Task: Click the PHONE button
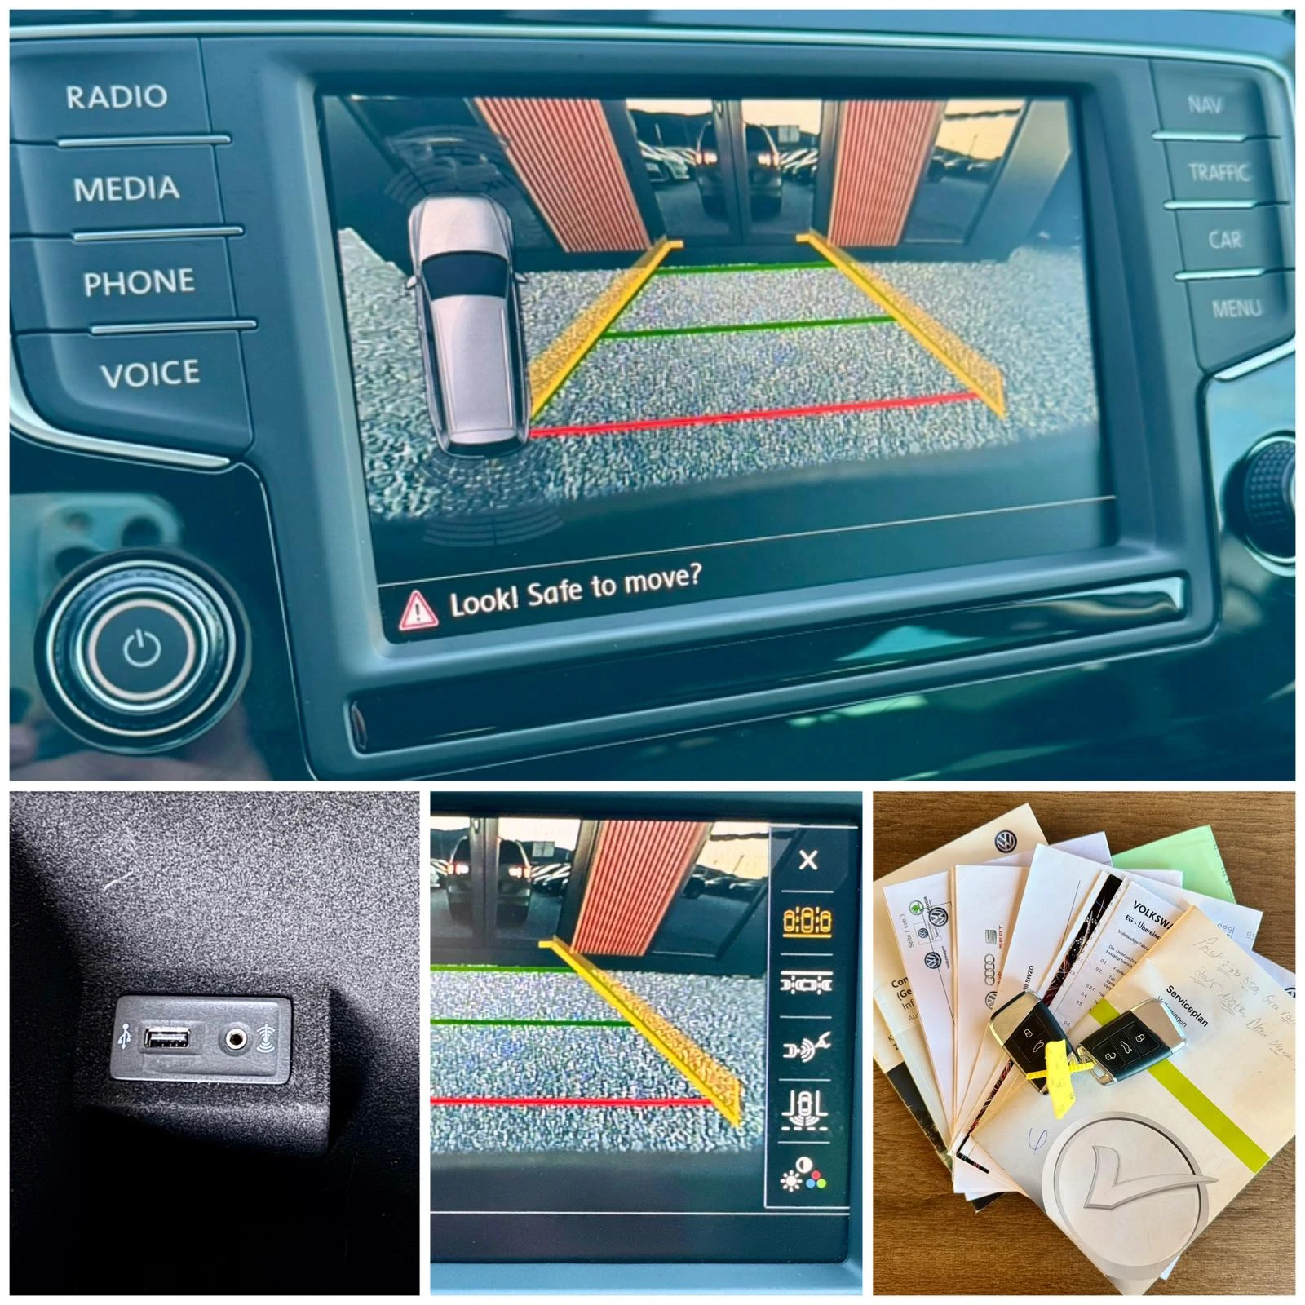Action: point(139,282)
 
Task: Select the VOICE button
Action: point(150,374)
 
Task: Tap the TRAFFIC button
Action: point(1218,172)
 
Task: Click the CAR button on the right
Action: point(1225,240)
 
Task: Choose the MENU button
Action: point(1236,308)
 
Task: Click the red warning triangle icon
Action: point(418,610)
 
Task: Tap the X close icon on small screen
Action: point(808,860)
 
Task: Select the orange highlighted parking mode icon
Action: point(807,922)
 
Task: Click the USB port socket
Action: point(167,1038)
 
